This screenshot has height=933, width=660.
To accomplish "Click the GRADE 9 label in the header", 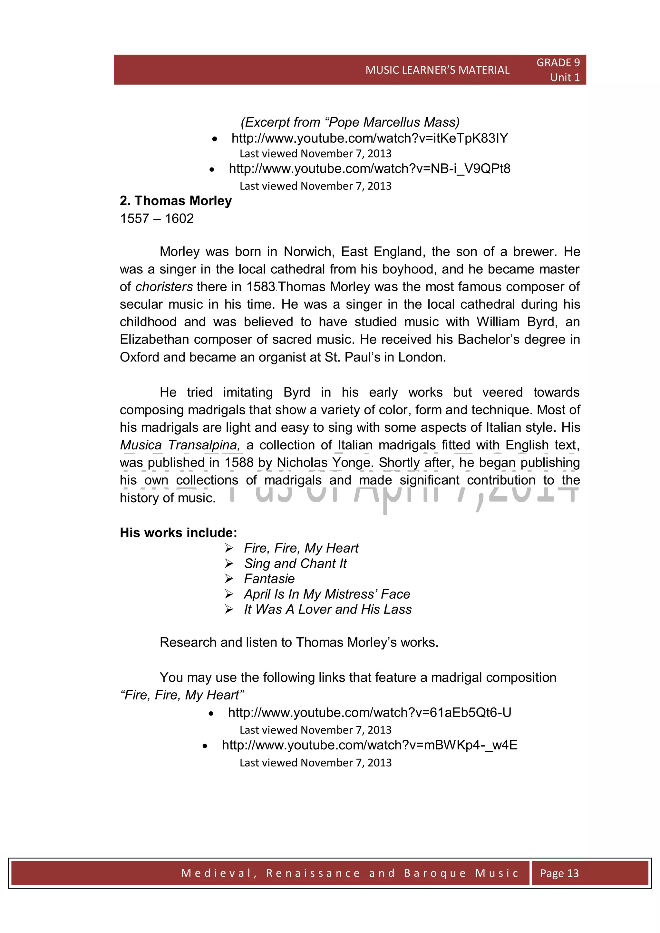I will coord(558,63).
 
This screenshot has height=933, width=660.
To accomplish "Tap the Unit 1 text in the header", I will coord(565,77).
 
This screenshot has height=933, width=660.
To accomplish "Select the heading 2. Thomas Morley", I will coord(176,201).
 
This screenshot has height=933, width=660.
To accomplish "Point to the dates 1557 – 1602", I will coord(157,219).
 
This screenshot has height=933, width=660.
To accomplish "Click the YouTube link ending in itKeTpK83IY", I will coord(369,138).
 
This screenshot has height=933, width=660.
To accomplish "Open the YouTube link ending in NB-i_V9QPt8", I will coord(369,168).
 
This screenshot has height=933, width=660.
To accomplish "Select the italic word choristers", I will coord(164,287).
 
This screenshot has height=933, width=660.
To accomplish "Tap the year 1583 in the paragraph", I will coord(260,287).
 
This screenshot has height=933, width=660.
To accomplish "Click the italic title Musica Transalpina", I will coord(179,445).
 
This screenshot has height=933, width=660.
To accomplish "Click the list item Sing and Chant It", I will coord(296,563).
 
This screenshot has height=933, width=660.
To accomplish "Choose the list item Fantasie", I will coord(269,579).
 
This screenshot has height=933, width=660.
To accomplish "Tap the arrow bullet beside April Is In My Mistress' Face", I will coord(229,594).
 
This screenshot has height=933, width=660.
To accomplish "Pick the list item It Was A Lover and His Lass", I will coord(327,610).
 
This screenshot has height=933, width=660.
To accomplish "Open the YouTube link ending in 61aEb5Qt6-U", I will coord(369,713).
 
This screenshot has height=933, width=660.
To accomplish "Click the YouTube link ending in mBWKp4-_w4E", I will coord(369,745).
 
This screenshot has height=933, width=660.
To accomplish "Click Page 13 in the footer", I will coord(559,873).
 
